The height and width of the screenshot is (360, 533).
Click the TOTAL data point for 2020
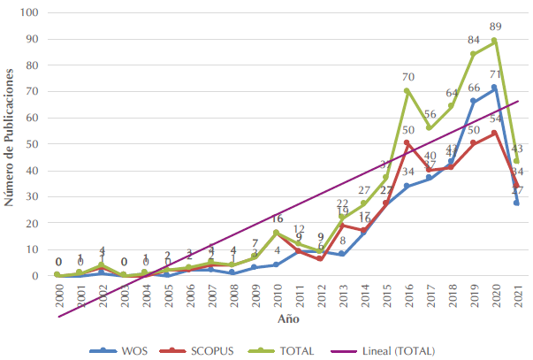[x=494, y=41]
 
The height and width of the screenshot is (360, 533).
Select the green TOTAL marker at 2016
[x=407, y=90]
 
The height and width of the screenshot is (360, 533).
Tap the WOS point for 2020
[x=494, y=88]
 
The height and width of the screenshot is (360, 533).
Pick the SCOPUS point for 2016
[x=407, y=142]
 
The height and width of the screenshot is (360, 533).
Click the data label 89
[x=496, y=27]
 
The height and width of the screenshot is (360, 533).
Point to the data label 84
[x=473, y=40]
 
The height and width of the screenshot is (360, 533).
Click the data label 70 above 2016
[x=408, y=76]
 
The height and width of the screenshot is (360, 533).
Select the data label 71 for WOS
[x=497, y=74]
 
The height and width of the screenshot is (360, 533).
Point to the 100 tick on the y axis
[x=33, y=12]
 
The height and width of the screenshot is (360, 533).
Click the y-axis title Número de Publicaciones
[x=10, y=142]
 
